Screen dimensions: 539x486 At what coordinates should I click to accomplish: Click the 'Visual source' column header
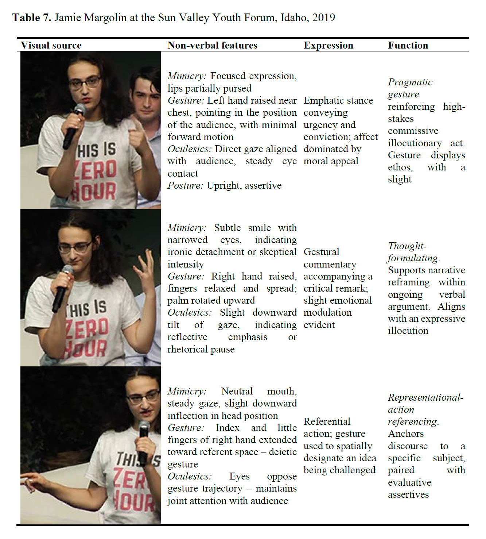pyautogui.click(x=51, y=45)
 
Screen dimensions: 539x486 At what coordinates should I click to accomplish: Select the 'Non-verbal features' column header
pyautogui.click(x=212, y=45)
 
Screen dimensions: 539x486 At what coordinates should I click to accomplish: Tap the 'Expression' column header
pyautogui.click(x=328, y=45)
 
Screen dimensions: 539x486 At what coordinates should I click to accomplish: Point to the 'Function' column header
pyautogui.click(x=408, y=45)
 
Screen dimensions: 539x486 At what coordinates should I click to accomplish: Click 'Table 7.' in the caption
pyautogui.click(x=32, y=18)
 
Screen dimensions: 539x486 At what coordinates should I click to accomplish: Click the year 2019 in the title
pyautogui.click(x=323, y=18)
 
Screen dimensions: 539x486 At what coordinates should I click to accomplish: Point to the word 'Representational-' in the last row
pyautogui.click(x=425, y=397)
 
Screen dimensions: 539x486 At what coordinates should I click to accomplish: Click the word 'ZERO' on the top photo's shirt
pyautogui.click(x=96, y=170)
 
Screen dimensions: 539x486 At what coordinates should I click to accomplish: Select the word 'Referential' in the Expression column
pyautogui.click(x=327, y=421)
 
